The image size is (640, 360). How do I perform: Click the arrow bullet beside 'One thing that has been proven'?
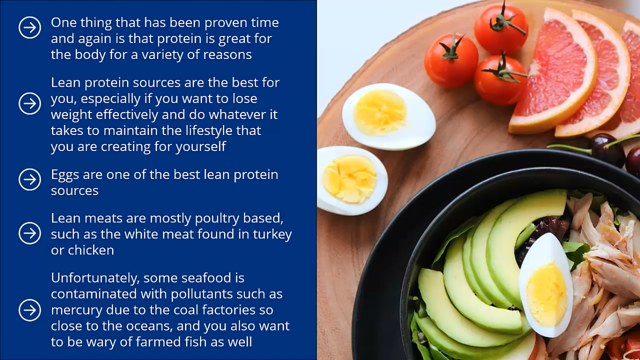point(30,28)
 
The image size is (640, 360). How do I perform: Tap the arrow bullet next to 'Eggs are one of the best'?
point(30,180)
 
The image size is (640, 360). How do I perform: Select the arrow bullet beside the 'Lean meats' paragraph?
point(30,233)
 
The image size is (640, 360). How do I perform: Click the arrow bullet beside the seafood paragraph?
point(30,310)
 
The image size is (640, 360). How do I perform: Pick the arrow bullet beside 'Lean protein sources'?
point(30,104)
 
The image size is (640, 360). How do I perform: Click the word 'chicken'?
point(91,250)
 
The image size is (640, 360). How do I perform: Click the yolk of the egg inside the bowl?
point(547,295)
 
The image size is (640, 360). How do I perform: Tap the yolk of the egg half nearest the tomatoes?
point(380,112)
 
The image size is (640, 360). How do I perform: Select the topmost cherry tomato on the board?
point(501,29)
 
